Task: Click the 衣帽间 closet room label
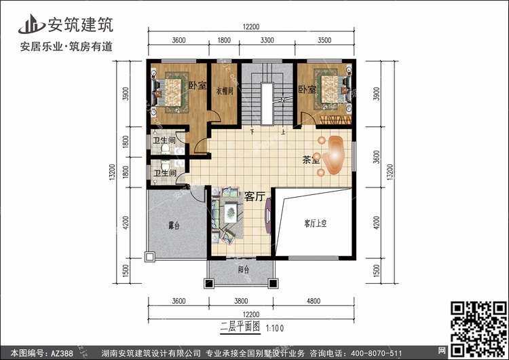coord(225,91)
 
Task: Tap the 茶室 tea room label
coord(312,160)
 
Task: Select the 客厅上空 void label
coord(315,223)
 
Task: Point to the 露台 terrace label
coord(174,226)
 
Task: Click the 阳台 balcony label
coord(244,270)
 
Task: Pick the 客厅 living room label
coord(254,196)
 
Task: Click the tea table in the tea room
coord(335,156)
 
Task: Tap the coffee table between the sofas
coord(231,213)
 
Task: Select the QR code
coord(478,329)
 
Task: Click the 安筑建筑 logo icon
coord(31,24)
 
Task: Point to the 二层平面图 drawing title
coord(240,327)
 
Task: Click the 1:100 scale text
coord(275,328)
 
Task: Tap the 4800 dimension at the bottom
coord(314,301)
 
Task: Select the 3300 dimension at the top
coord(267,40)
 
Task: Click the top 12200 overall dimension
coord(251,26)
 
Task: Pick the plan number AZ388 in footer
coord(61,353)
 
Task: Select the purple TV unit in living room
coord(268,215)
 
